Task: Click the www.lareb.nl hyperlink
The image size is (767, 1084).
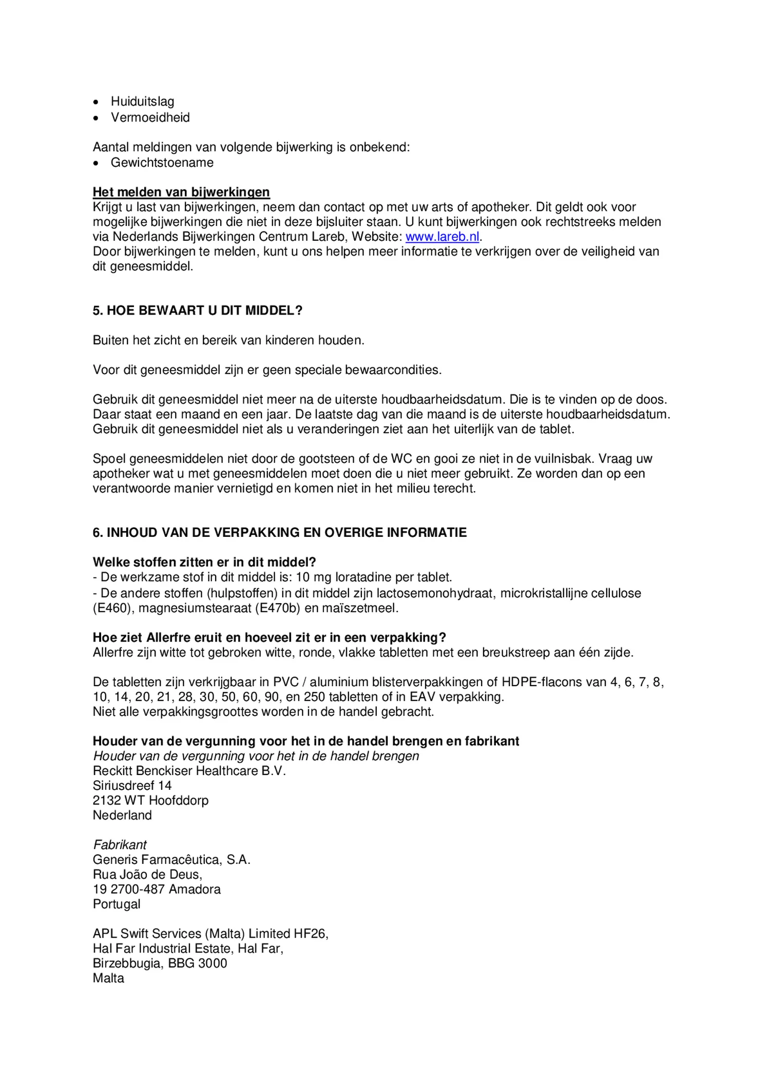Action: [x=442, y=237]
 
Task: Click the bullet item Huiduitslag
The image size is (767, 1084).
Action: [x=142, y=102]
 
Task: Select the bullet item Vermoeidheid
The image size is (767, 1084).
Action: [x=150, y=118]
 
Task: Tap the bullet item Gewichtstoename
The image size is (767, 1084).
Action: [x=162, y=163]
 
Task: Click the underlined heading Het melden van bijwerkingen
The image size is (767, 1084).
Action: [x=181, y=192]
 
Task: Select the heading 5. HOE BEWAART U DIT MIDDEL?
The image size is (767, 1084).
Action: [x=197, y=311]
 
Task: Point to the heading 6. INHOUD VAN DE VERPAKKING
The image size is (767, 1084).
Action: [x=279, y=533]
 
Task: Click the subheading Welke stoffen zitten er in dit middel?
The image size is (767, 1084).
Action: [x=204, y=562]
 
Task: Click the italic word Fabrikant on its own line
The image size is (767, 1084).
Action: [x=120, y=845]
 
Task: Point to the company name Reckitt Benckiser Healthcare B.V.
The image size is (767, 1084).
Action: [x=189, y=771]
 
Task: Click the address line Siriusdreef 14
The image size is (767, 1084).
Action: [x=132, y=786]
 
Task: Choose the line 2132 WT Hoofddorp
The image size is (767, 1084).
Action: [x=150, y=801]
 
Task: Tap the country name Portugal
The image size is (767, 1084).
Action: [x=117, y=904]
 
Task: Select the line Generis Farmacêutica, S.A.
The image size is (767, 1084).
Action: [x=171, y=860]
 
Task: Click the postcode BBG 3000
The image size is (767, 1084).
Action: [x=197, y=963]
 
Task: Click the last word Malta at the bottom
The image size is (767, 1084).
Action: [x=108, y=978]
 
